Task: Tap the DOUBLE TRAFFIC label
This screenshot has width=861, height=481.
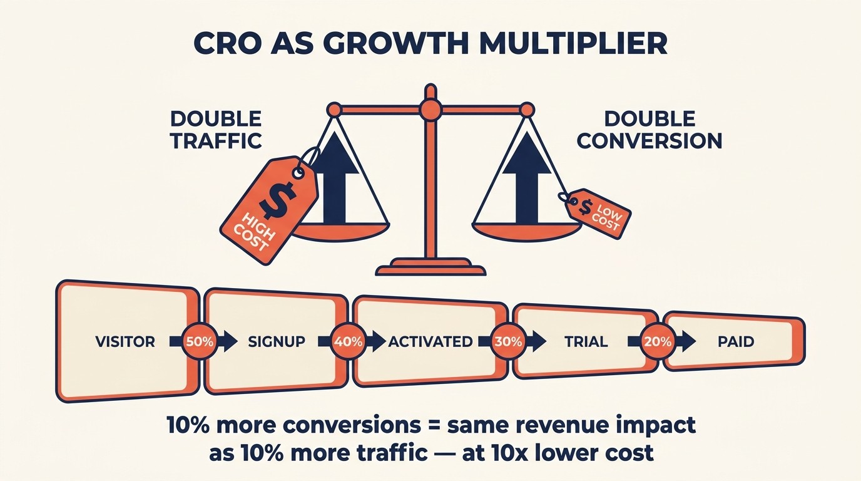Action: point(216,130)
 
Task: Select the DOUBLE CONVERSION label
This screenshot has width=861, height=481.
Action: point(650,130)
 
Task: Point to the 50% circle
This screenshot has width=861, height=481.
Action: point(200,342)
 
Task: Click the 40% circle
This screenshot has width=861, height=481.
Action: point(349,342)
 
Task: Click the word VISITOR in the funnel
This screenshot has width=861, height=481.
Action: point(125,342)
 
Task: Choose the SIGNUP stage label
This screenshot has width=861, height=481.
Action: point(277,342)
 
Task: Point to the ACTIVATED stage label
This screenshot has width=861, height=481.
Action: point(430,342)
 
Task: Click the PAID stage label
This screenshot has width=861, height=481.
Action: point(736,342)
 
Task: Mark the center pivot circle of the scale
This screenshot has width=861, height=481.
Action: point(430,110)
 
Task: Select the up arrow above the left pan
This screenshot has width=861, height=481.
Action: point(335,188)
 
